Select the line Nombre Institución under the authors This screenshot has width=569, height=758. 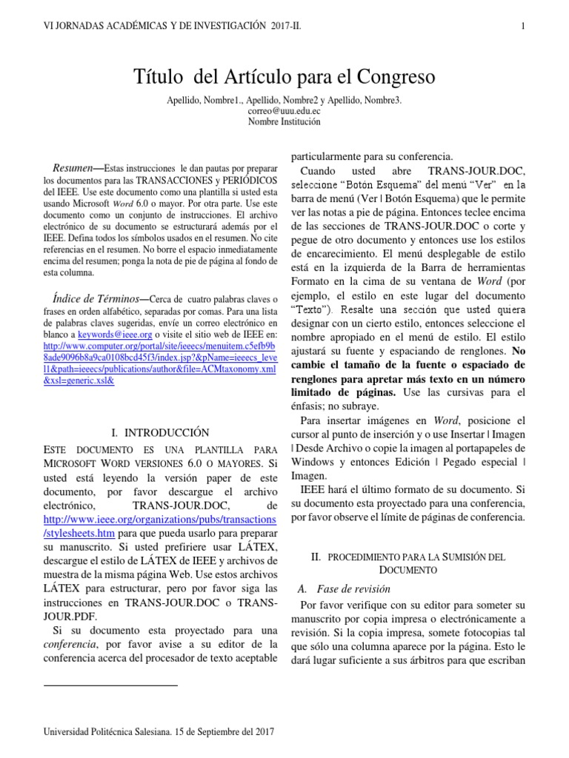pyautogui.click(x=284, y=122)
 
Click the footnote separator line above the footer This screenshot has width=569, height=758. pyautogui.click(x=110, y=685)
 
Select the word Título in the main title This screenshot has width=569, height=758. pyautogui.click(x=157, y=77)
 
